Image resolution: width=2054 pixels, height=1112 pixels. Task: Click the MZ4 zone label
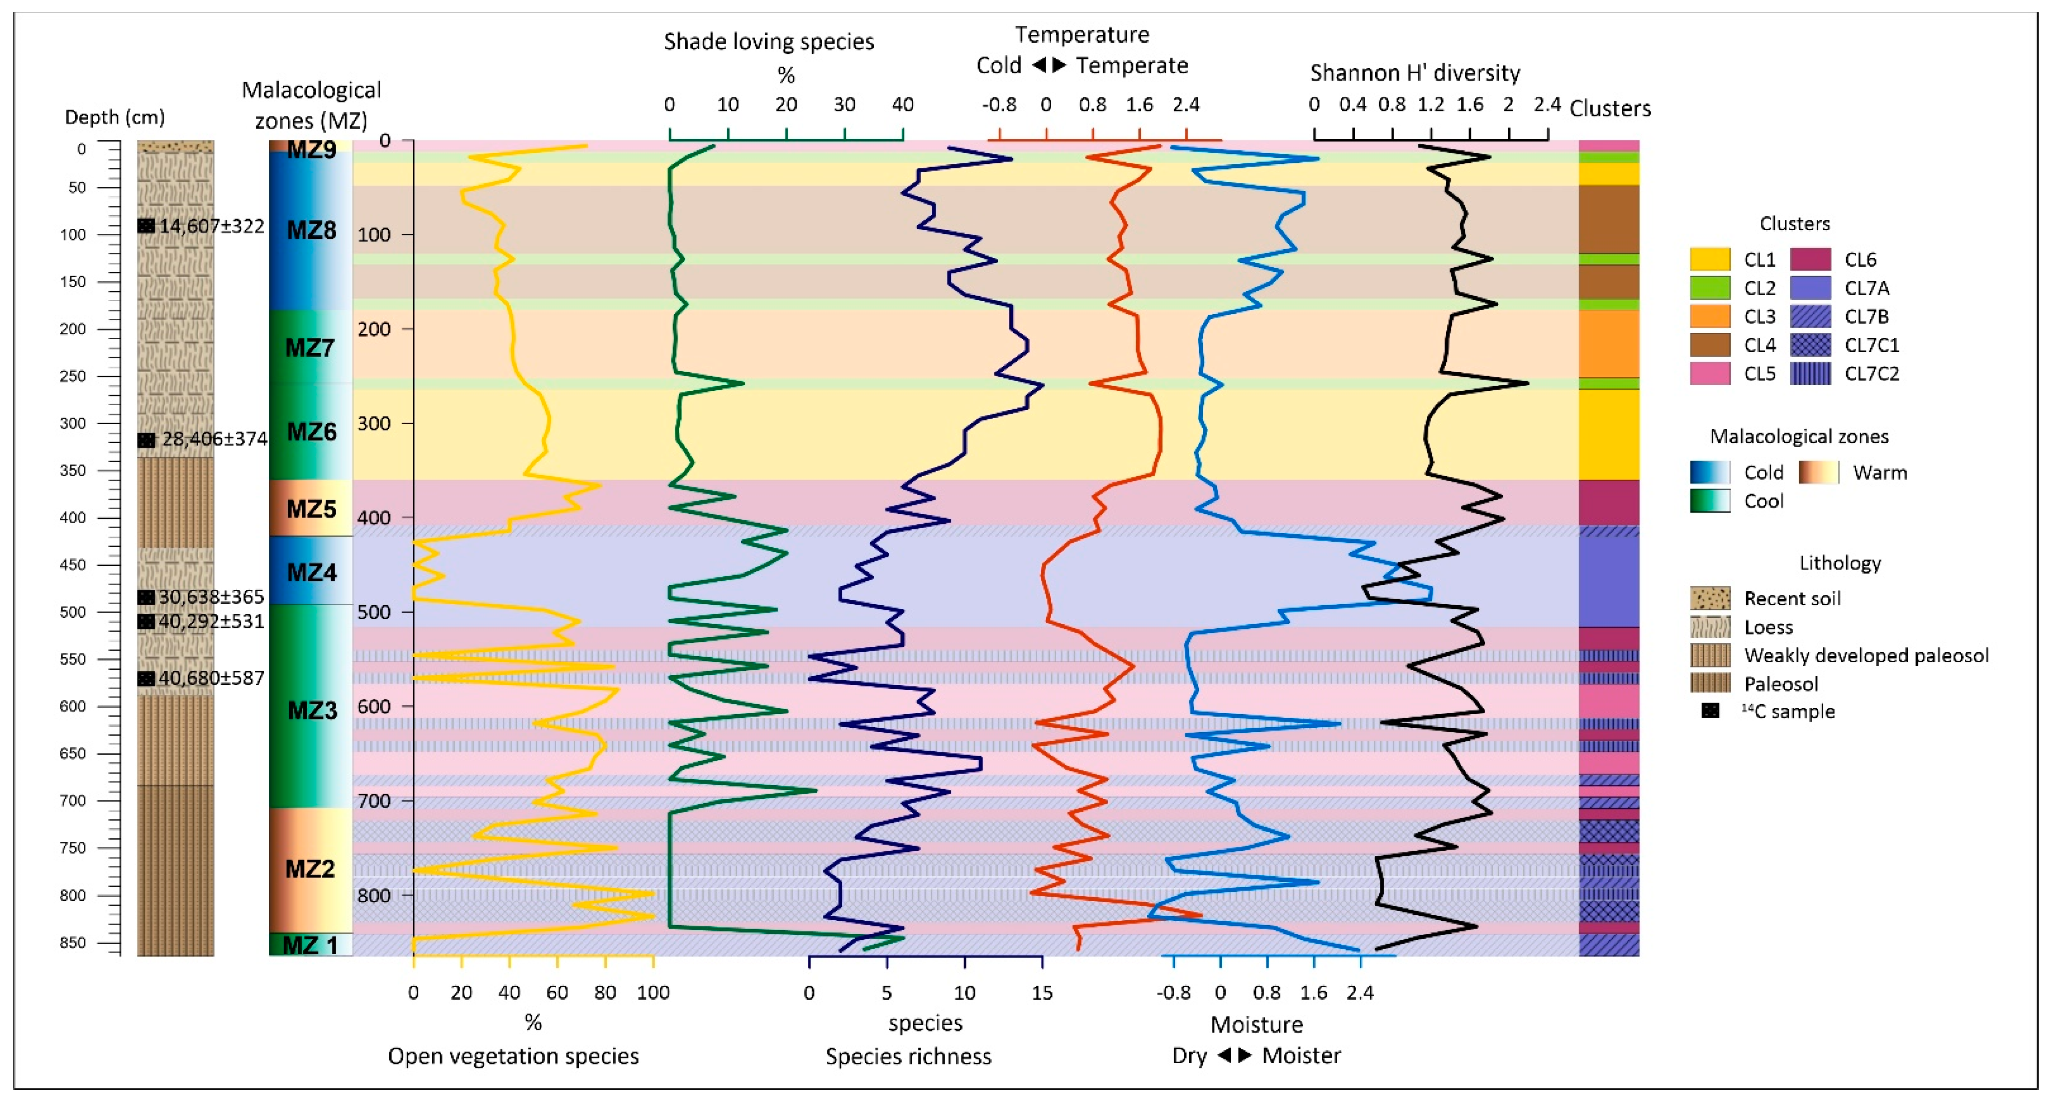click(x=311, y=572)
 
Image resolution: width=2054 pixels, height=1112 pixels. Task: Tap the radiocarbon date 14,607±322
click(x=211, y=226)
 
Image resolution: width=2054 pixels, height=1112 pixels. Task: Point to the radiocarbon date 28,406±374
click(x=214, y=439)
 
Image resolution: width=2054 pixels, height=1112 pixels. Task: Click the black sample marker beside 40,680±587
click(x=146, y=679)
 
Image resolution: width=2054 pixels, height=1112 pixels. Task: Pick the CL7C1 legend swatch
click(x=1810, y=345)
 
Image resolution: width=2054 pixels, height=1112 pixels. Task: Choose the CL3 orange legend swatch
click(x=1709, y=317)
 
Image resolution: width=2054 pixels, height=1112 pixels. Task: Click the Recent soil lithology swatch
click(x=1709, y=598)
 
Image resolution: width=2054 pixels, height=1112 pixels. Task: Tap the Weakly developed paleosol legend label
click(x=1866, y=655)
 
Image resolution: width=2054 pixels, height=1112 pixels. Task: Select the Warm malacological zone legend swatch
click(x=1818, y=473)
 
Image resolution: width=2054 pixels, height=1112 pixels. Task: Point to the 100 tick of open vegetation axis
click(x=653, y=992)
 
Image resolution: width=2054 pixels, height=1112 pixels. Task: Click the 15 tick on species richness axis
click(x=1042, y=992)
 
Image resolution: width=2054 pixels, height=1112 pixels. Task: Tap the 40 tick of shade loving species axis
click(x=903, y=104)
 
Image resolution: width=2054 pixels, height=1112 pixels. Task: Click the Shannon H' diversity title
click(x=1415, y=72)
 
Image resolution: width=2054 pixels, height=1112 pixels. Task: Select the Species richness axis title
click(x=908, y=1056)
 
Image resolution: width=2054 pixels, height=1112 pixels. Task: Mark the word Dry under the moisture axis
click(x=1189, y=1055)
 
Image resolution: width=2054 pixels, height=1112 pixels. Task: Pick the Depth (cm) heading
click(x=114, y=117)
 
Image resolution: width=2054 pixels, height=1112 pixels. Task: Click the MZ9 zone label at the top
click(x=311, y=149)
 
